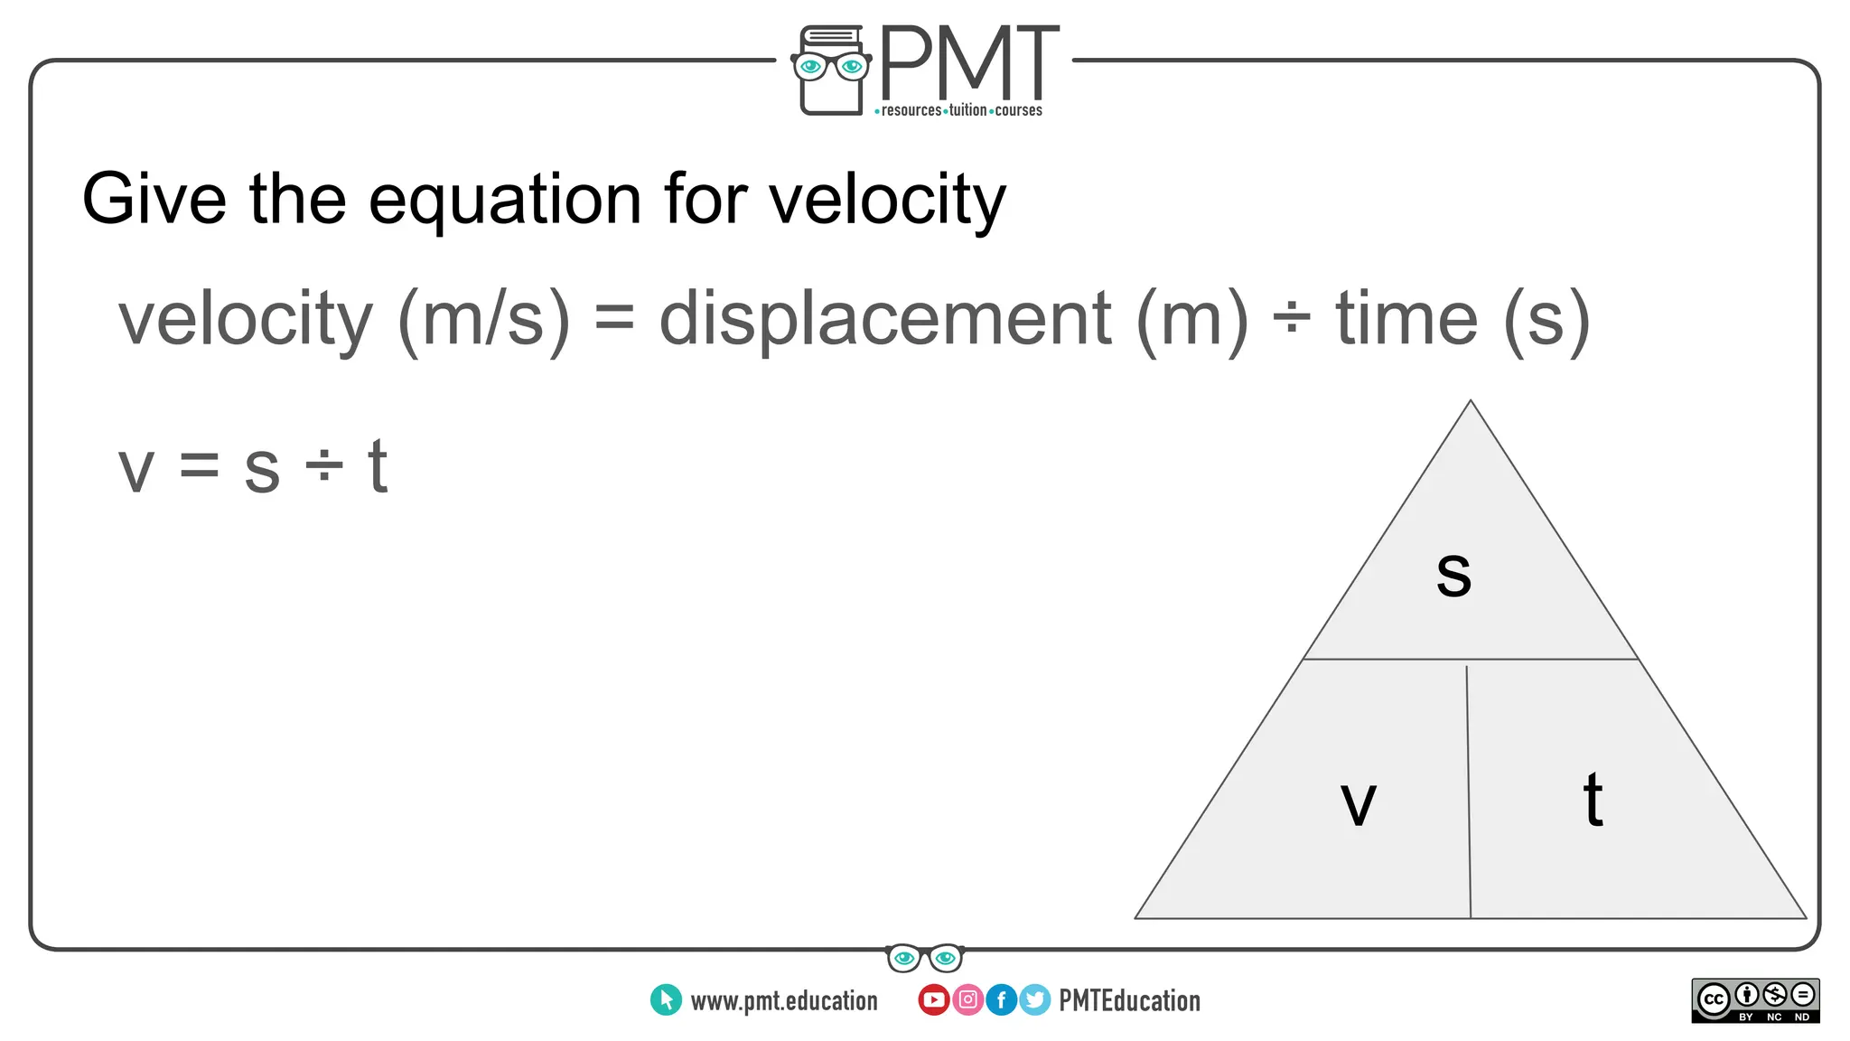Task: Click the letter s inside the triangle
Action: click(1453, 575)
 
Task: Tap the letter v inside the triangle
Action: click(1358, 803)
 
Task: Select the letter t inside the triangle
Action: click(1593, 800)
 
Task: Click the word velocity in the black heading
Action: click(887, 201)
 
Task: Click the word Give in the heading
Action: click(154, 199)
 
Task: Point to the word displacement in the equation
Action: click(884, 320)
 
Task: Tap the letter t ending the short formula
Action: click(378, 467)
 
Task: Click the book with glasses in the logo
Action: click(830, 70)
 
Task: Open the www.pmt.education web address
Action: click(783, 1000)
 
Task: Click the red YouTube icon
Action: click(933, 999)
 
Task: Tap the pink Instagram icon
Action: click(967, 999)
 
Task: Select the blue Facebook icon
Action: click(1001, 999)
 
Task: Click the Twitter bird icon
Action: click(1034, 999)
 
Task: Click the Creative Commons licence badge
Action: click(1755, 1000)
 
